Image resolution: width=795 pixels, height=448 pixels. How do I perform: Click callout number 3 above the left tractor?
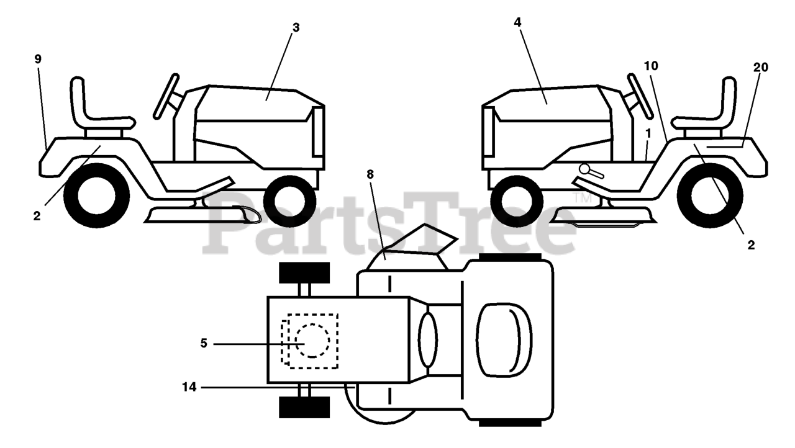tap(296, 28)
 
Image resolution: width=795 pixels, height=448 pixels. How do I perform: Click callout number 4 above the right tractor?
tap(517, 22)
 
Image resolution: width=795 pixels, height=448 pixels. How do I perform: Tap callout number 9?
tap(38, 59)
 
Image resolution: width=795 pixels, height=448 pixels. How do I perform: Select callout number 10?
tap(651, 66)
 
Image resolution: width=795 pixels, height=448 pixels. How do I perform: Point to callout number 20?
tap(761, 68)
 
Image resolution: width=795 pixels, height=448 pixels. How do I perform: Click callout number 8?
tap(370, 174)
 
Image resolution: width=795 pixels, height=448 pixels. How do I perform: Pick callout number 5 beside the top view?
tap(203, 343)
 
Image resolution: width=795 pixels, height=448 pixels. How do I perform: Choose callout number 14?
tap(189, 387)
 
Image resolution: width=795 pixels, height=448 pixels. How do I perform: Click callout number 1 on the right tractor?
tap(648, 133)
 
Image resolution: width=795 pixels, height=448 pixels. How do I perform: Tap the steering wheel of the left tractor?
tap(166, 96)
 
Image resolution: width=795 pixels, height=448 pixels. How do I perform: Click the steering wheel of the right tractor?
tap(640, 96)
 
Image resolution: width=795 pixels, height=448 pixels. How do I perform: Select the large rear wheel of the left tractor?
tap(96, 195)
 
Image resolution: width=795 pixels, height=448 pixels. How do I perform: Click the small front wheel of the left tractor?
tap(289, 201)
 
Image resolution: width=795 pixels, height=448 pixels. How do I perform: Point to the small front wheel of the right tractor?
tap(516, 201)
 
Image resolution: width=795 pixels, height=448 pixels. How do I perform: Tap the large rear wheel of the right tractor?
tap(710, 195)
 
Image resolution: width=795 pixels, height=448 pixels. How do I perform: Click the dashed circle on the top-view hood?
tap(312, 340)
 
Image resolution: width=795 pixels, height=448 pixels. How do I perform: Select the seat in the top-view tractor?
tap(503, 339)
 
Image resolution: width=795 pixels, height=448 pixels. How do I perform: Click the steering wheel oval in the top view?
tap(428, 339)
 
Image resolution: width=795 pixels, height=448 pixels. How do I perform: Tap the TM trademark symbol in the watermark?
tap(582, 198)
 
